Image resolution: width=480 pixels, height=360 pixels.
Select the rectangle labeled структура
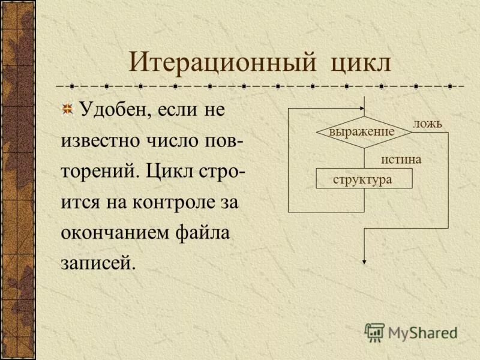coord(364,179)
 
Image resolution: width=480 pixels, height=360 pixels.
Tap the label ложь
coord(427,124)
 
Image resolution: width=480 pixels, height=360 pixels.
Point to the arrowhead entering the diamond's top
coord(364,112)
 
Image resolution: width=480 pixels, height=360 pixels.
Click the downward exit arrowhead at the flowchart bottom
coord(364,260)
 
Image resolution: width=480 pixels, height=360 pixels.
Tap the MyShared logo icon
coord(375,331)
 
